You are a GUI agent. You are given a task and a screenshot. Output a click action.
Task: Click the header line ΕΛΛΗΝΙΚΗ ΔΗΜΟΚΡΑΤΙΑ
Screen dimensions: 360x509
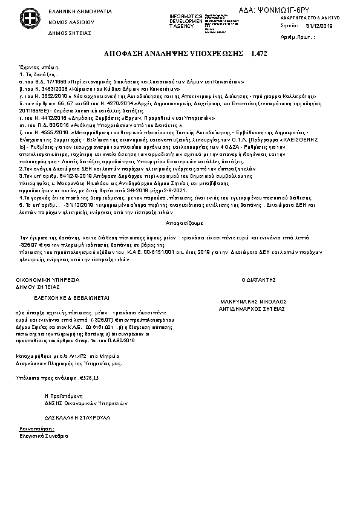point(71,11)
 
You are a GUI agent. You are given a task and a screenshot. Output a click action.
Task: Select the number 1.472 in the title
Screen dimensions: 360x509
point(259,54)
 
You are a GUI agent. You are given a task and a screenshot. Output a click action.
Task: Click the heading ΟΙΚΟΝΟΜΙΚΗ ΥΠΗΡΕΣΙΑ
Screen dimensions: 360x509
point(48,280)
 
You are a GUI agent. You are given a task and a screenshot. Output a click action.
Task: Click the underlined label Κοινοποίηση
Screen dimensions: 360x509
point(33,428)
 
